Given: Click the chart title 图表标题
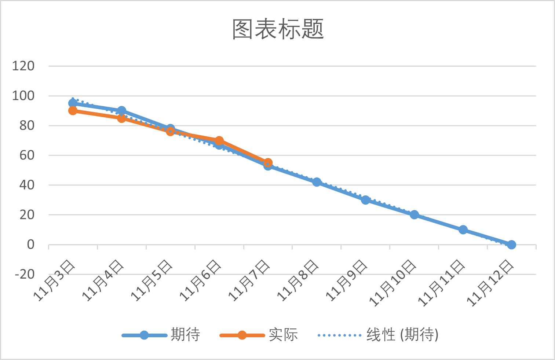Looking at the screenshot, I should [x=278, y=29].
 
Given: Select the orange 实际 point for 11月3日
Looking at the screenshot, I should [x=73, y=110].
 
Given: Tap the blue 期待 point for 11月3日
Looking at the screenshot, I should [x=73, y=103].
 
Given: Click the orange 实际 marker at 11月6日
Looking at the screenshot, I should [x=219, y=141].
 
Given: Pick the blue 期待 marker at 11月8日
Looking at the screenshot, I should [x=317, y=182].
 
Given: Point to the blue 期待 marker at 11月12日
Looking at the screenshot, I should [x=511, y=245].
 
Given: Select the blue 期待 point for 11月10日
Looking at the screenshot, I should [x=414, y=215].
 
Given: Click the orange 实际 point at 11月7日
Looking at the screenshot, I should [x=268, y=162].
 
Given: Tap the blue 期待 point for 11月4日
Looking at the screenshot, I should [x=121, y=110].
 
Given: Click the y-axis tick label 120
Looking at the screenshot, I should [x=23, y=66].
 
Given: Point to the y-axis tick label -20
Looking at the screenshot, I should [x=25, y=274].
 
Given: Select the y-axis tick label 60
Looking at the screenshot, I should [x=27, y=155].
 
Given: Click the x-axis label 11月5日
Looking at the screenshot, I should [x=151, y=280].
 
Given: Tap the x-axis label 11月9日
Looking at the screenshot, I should [x=346, y=280].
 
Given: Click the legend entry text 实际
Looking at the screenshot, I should [x=283, y=335].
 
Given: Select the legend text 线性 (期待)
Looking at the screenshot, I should [x=402, y=335].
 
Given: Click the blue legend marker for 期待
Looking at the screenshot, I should [x=144, y=335].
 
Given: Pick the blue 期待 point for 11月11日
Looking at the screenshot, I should [x=463, y=230].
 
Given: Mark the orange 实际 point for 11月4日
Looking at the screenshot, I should [x=121, y=118].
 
